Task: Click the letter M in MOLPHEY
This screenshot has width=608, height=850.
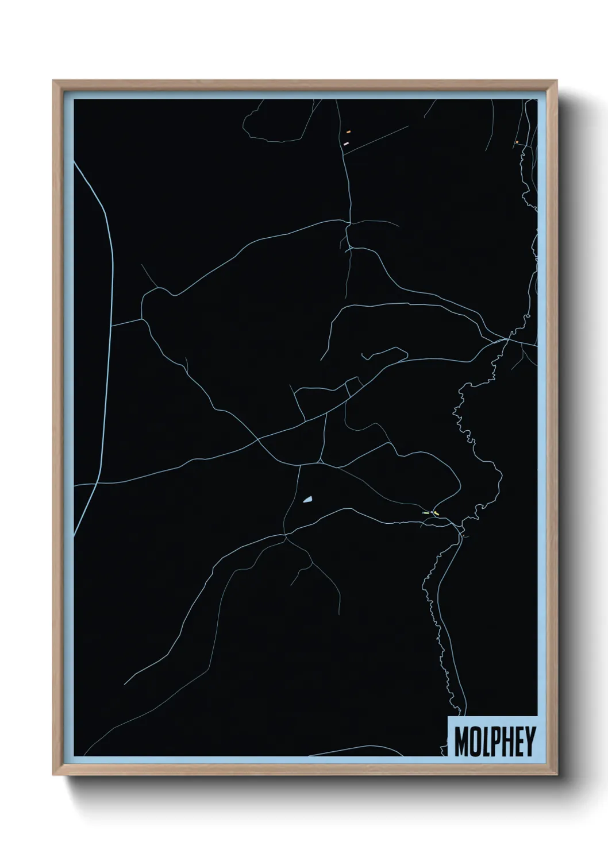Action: coord(461,742)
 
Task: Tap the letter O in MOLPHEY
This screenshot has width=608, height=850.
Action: coord(475,742)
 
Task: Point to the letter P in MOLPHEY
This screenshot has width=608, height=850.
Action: coord(495,742)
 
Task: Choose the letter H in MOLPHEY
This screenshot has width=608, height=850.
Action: coord(506,742)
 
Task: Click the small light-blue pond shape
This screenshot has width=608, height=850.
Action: coord(308,500)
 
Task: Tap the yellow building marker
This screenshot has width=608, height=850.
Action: coord(436,513)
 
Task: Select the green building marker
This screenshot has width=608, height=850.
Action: coord(426,512)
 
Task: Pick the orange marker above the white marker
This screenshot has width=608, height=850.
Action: coord(348,132)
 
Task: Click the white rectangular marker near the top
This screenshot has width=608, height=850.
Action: coord(346,142)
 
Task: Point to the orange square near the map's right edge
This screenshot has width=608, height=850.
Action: coord(517,142)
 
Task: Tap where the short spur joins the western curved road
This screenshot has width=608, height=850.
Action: coord(111,326)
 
